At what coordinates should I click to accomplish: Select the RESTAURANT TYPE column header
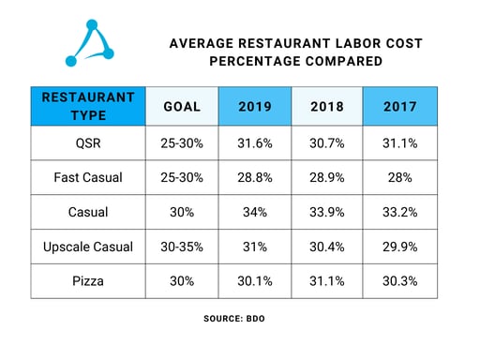pos(88,106)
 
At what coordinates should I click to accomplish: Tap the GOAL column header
pos(182,106)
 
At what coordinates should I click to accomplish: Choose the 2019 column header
pos(254,106)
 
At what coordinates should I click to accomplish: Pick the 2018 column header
pos(327,106)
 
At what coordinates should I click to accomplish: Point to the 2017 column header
pos(400,106)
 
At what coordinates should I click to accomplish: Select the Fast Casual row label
pos(88,177)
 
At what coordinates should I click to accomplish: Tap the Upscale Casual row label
pos(88,247)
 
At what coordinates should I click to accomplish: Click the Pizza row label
pos(88,281)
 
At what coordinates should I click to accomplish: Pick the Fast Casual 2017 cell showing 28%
pos(400,177)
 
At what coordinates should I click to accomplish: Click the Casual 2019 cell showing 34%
pos(254,212)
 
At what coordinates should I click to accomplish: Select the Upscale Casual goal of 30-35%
pos(182,247)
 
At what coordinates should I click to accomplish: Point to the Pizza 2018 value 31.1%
pos(327,281)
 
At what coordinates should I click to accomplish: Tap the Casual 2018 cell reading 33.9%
pos(327,212)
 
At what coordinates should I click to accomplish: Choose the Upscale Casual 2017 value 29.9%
pos(400,247)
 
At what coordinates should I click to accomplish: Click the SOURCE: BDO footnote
pos(239,319)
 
